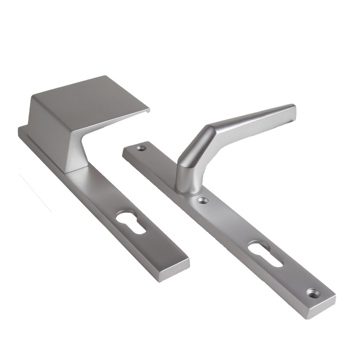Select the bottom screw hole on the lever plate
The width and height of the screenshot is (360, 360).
(312, 292)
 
